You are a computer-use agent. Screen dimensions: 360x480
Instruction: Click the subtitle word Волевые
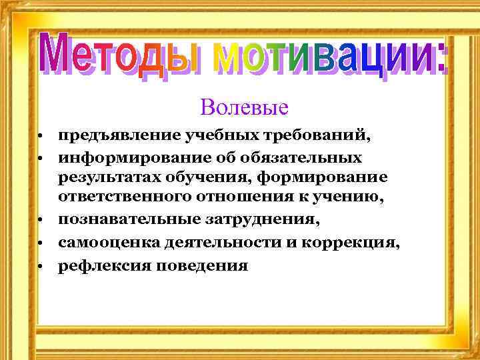tap(243, 107)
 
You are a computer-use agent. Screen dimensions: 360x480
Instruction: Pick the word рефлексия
tap(97, 265)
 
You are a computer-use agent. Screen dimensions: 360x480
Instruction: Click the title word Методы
tap(119, 55)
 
